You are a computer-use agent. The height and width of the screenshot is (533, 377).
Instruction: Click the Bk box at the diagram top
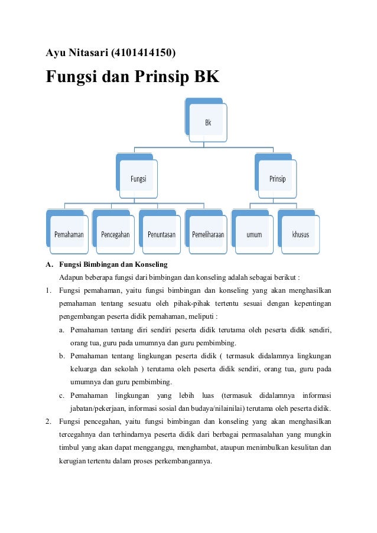point(208,123)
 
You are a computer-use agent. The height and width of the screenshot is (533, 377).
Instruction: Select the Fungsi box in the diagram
point(138,179)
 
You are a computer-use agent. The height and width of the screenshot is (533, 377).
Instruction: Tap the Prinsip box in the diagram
point(277,179)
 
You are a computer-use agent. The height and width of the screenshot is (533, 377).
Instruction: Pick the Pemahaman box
point(69,234)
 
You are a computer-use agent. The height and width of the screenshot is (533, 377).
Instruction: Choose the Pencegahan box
point(115,234)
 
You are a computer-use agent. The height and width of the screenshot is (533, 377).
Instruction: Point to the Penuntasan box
point(161,234)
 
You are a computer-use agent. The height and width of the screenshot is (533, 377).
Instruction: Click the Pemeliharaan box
point(208,234)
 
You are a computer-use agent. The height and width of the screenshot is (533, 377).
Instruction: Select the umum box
point(254,234)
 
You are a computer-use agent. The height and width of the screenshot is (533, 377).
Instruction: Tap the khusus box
point(300,234)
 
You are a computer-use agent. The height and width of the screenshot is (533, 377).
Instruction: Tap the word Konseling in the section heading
point(151,264)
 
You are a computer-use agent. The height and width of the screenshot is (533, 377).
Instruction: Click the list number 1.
point(48,290)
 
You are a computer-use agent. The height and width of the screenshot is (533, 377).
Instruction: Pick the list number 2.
point(48,422)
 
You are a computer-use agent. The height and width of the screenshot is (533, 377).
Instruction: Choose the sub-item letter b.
point(61,356)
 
